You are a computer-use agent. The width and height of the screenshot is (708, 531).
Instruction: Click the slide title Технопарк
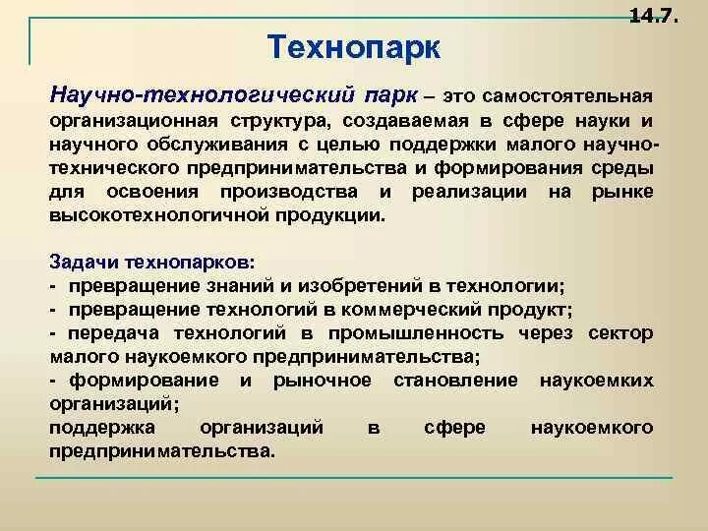[354, 45]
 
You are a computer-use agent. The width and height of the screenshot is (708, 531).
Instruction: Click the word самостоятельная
[567, 98]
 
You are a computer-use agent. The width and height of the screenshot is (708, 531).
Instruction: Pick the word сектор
[619, 332]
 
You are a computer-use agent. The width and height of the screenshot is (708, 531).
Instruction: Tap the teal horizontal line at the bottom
[354, 479]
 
